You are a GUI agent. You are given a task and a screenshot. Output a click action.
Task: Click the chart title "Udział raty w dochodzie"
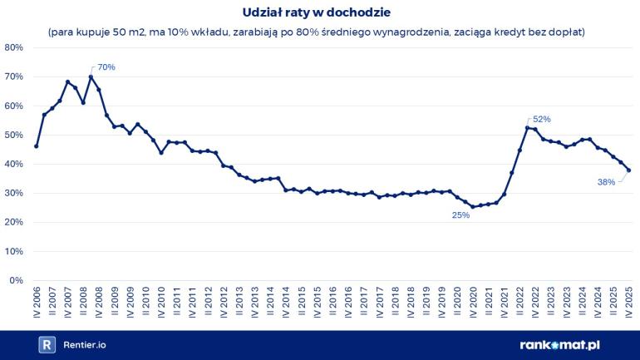[320, 13]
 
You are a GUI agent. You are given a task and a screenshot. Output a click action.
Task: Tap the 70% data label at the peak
[106, 67]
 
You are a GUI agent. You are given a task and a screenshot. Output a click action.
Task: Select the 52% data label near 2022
[542, 119]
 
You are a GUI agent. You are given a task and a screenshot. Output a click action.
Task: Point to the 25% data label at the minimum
[460, 215]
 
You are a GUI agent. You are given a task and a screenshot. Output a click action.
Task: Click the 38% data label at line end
[606, 181]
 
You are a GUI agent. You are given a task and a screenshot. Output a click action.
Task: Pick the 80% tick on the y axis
[13, 47]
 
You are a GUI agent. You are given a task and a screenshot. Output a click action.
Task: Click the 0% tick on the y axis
[16, 280]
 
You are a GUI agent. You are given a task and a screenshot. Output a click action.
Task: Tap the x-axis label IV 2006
[37, 303]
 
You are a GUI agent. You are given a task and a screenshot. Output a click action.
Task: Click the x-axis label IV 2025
[629, 303]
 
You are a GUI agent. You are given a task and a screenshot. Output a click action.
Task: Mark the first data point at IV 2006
[37, 146]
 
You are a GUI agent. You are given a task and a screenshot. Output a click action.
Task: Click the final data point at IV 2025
[629, 170]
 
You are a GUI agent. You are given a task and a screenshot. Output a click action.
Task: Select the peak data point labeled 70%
[91, 77]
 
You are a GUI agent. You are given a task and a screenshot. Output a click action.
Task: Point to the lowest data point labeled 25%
[473, 207]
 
